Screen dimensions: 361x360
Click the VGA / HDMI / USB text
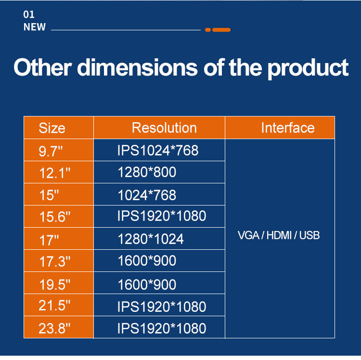click(x=279, y=235)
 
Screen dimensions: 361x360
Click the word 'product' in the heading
click(x=308, y=68)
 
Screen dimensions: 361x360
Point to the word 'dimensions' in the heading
click(x=137, y=67)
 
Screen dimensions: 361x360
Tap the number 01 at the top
click(x=29, y=14)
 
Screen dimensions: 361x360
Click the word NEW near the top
click(x=35, y=27)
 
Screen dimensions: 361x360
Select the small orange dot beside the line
click(x=208, y=30)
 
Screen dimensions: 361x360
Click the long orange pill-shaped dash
click(x=221, y=30)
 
